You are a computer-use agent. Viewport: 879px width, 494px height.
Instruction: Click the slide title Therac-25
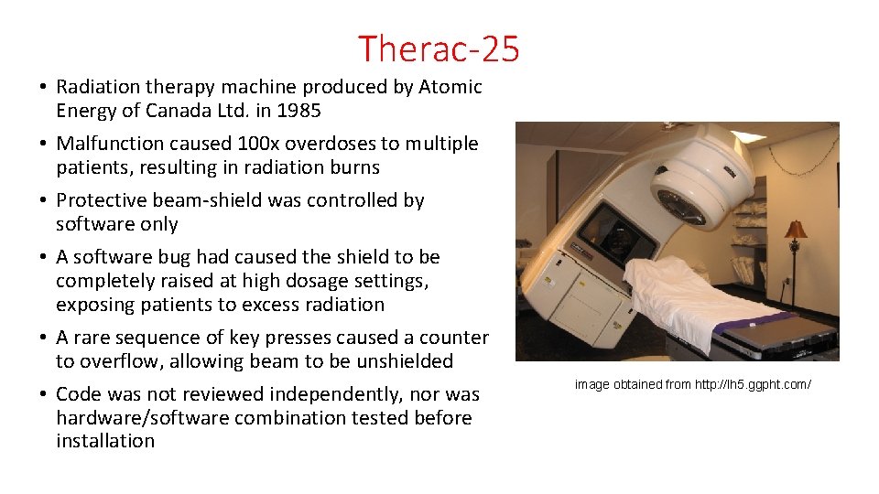point(439,48)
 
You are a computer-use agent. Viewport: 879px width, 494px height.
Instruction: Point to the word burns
point(356,167)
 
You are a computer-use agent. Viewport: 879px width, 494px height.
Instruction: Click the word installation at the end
point(105,441)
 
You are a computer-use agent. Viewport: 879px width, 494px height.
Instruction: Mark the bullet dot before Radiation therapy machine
point(44,88)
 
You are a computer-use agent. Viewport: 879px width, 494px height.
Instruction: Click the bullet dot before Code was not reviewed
point(44,395)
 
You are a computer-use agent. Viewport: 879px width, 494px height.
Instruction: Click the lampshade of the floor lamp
point(795,229)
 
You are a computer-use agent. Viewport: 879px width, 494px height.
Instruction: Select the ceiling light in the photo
point(747,136)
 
